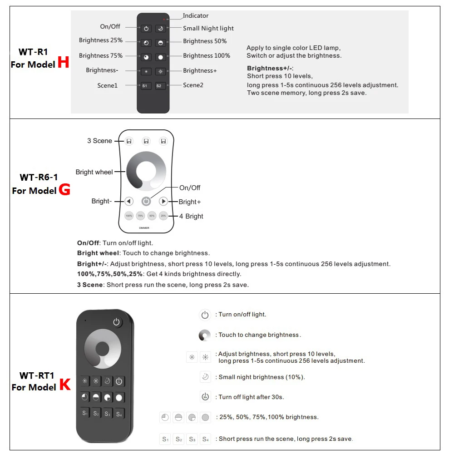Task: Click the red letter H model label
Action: point(64,63)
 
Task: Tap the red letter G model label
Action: point(64,189)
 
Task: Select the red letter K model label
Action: point(65,385)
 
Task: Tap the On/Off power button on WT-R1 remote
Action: point(146,29)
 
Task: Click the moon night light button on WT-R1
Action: point(160,29)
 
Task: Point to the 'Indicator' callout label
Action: point(196,16)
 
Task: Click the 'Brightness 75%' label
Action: point(101,56)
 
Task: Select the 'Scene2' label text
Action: point(193,85)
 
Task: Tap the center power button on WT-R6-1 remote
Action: point(146,201)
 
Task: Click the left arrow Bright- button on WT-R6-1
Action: point(128,201)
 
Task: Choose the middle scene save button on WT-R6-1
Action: point(146,141)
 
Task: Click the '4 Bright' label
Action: point(191,216)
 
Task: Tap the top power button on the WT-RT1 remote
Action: point(117,322)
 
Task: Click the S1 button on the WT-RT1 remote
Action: point(85,413)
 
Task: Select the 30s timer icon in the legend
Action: point(205,396)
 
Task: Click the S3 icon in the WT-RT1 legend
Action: point(192,439)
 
